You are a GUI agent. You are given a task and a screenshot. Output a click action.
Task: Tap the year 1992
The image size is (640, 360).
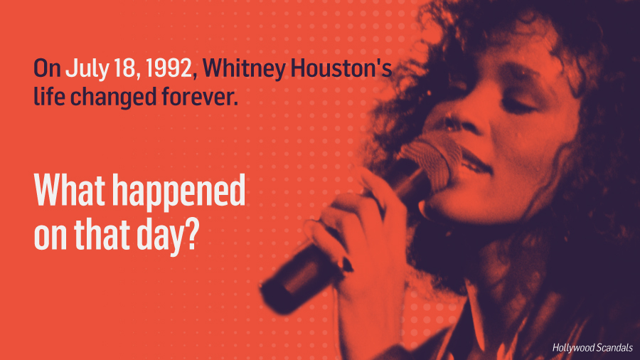[169, 68]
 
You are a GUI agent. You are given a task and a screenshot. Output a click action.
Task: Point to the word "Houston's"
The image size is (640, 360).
[341, 68]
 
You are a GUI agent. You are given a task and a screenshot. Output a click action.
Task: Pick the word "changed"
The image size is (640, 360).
[113, 97]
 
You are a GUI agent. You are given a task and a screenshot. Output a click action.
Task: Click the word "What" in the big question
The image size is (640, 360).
[70, 190]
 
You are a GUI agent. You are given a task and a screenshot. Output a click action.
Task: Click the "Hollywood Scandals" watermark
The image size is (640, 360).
[592, 348]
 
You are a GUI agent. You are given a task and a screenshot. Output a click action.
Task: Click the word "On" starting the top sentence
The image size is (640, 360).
[48, 68]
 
